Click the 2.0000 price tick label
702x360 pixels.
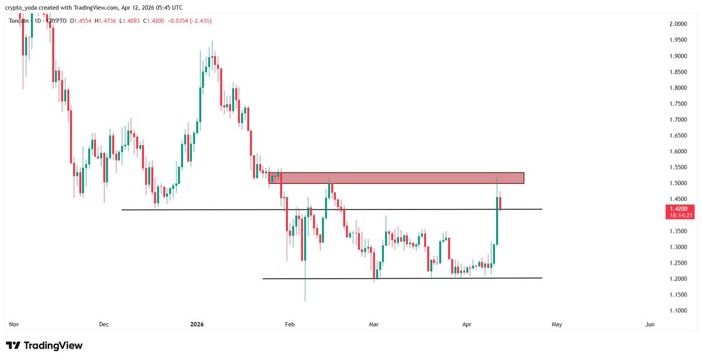tap(679, 24)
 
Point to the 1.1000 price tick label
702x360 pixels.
tap(679, 310)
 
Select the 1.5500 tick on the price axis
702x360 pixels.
tap(679, 167)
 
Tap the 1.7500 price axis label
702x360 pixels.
tap(679, 104)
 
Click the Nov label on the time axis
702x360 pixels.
tap(13, 324)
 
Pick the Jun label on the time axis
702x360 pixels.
tap(649, 324)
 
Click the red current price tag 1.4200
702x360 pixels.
tap(680, 208)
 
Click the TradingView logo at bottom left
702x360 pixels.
tap(44, 346)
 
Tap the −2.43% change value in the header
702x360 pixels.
tap(198, 21)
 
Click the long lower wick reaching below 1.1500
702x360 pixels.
tap(305, 287)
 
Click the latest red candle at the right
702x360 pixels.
tap(501, 204)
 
